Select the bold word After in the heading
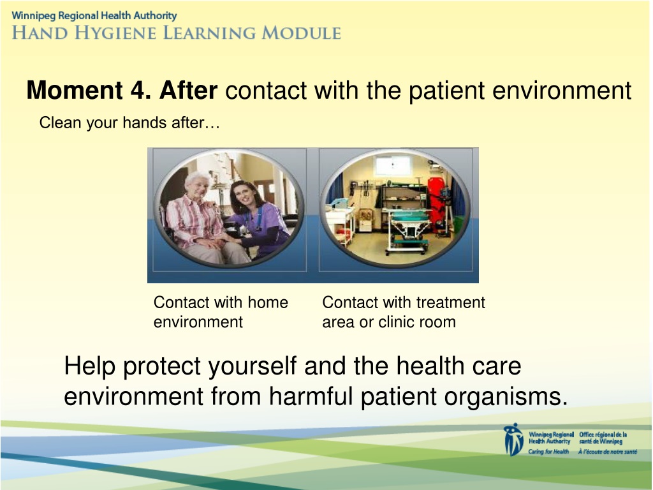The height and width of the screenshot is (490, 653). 188,90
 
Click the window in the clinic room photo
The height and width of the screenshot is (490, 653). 393,166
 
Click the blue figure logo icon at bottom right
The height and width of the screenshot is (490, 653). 513,440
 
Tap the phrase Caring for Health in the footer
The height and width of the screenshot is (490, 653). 548,452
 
